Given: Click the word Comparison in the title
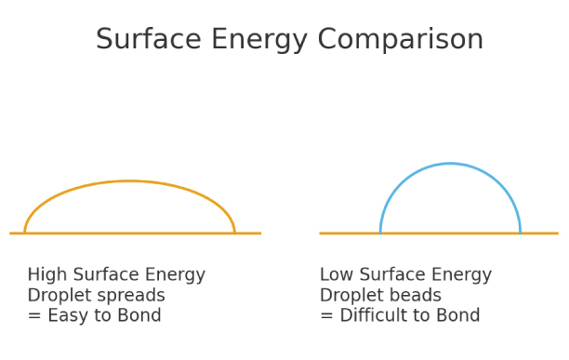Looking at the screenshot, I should coord(401,41).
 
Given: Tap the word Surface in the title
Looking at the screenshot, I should coord(143,40).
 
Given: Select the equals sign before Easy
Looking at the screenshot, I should coord(33,317).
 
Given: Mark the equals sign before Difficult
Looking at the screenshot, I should coord(326,317).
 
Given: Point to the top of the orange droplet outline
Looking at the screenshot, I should coord(129,181).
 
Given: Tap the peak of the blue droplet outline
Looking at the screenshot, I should coord(450,164).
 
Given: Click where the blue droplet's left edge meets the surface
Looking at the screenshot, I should coord(380,233).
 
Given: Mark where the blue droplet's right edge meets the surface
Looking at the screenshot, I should coord(520,233).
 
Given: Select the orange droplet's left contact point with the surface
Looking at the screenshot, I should coord(25,233).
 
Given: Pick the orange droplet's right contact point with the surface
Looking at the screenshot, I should coord(234,233).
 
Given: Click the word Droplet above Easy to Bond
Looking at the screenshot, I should coord(56,296).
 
